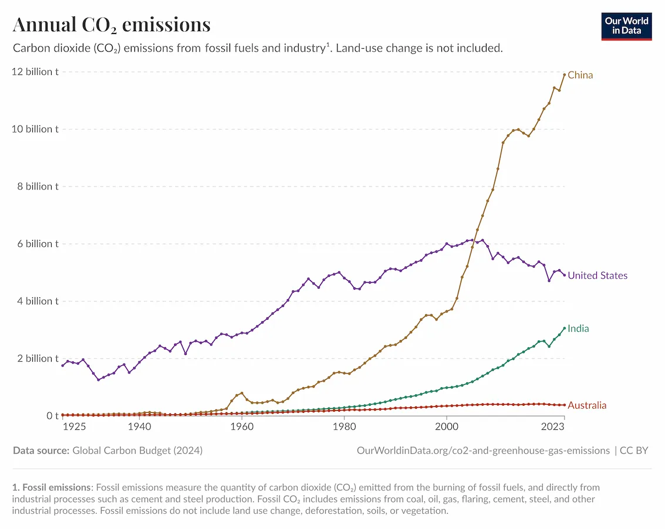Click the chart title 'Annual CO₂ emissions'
pos(112,25)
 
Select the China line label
pos(580,75)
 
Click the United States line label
pos(597,276)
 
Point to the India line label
pos(578,328)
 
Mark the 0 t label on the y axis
pos(52,416)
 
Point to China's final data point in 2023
pos(564,74)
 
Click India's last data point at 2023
pos(564,328)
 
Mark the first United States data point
pos(63,365)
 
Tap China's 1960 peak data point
pos(242,393)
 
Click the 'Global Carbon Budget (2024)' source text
pos(137,450)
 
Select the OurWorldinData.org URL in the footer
pos(482,450)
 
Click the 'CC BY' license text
pos(634,450)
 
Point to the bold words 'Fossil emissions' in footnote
pos(56,487)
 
